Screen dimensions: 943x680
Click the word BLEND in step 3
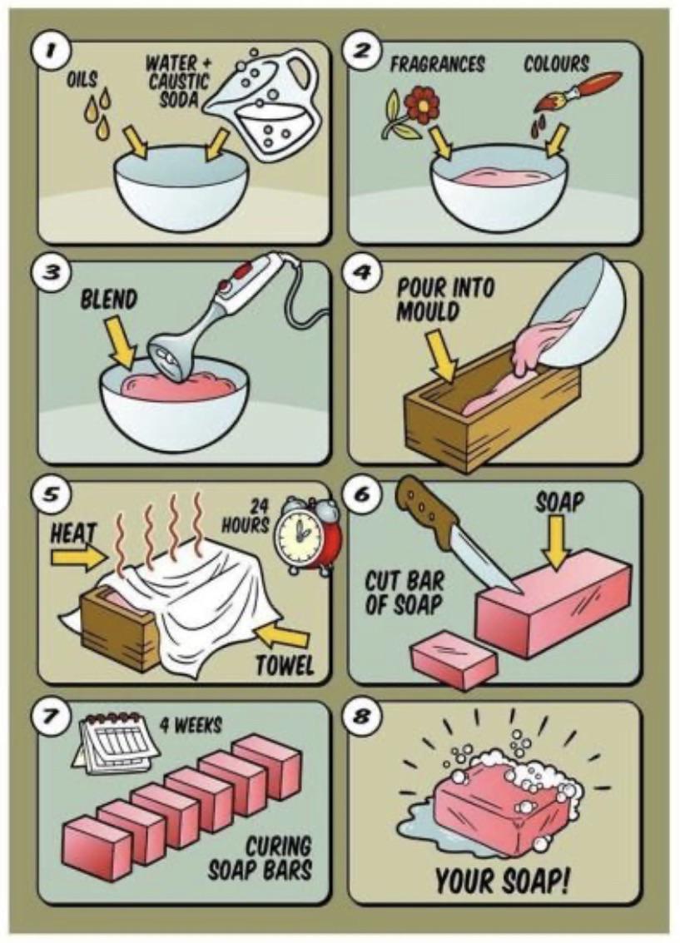point(108,300)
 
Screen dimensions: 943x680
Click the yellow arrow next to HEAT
point(79,557)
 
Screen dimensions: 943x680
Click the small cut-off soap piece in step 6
point(454,658)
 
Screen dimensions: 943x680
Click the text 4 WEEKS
point(191,726)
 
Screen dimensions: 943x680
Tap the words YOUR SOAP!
point(502,881)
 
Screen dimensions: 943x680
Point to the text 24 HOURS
point(247,516)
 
